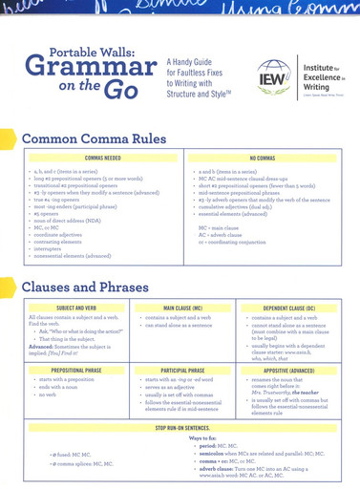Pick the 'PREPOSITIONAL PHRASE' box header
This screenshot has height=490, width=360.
pos(77,367)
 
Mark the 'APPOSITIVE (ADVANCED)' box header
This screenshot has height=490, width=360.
pos(286,367)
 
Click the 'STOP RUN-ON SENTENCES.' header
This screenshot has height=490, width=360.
pos(182,427)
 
